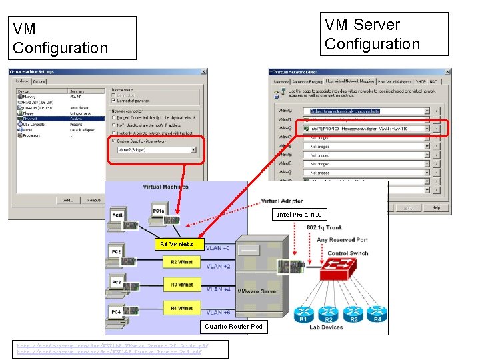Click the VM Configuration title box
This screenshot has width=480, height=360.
[74, 38]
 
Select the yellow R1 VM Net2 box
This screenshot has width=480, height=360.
[177, 245]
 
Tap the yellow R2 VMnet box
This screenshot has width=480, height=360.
[181, 262]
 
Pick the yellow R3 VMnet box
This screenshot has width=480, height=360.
[181, 285]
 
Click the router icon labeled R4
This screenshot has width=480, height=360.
[377, 311]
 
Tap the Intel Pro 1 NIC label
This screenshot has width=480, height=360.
[299, 215]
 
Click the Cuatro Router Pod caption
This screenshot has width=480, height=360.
[233, 327]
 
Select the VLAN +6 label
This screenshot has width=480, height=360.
[218, 312]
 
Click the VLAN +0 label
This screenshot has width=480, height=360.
[218, 248]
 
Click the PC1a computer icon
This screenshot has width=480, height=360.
[158, 209]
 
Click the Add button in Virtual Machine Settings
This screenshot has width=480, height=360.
[68, 199]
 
